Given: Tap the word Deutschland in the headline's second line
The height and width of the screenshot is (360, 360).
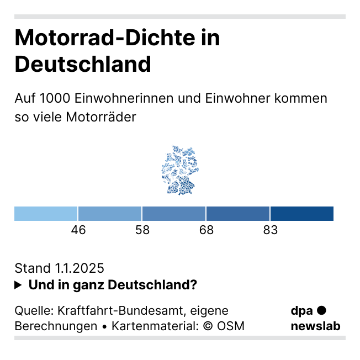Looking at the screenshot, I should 83,64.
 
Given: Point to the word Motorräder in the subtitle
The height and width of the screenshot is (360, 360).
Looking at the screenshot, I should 100,117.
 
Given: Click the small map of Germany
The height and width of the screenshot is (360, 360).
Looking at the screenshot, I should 180,170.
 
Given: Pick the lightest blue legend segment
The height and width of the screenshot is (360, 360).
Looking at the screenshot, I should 46,214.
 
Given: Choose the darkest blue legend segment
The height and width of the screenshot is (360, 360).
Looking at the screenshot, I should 302,214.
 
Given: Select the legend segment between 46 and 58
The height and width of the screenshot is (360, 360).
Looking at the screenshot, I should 110,214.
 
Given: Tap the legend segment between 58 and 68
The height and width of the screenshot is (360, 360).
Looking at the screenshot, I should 174,214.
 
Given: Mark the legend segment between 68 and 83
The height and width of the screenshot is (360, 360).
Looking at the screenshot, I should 238,214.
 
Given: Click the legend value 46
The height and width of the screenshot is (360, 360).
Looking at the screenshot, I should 78,230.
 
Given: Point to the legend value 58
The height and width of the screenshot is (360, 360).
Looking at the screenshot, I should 142,230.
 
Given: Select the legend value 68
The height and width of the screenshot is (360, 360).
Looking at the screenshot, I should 207,230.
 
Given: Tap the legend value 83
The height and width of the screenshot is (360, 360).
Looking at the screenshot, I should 270,230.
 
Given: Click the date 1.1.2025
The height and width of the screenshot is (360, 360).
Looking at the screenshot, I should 80,268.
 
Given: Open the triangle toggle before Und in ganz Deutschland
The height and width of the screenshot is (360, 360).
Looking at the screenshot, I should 18,285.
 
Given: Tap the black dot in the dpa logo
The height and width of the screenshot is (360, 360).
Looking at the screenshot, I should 322,311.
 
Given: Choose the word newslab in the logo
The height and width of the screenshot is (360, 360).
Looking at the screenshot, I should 315,326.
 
